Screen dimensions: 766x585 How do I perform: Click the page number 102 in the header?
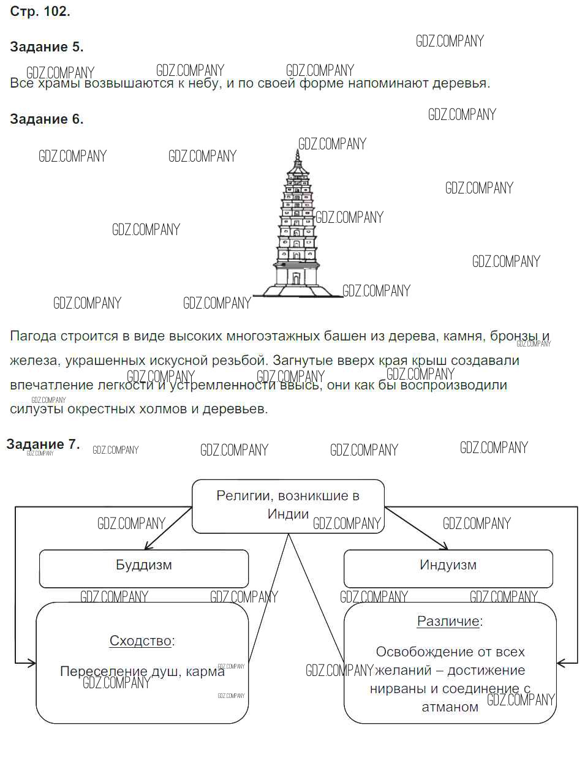[57, 11]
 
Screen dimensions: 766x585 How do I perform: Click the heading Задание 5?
[47, 47]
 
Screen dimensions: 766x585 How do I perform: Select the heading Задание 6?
[47, 119]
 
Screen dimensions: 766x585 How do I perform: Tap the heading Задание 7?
[43, 445]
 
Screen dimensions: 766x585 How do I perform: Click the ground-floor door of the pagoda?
[296, 279]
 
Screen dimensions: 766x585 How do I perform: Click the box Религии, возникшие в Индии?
[288, 505]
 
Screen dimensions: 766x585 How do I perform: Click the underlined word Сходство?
[140, 641]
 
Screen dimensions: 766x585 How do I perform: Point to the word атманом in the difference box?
[450, 707]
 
